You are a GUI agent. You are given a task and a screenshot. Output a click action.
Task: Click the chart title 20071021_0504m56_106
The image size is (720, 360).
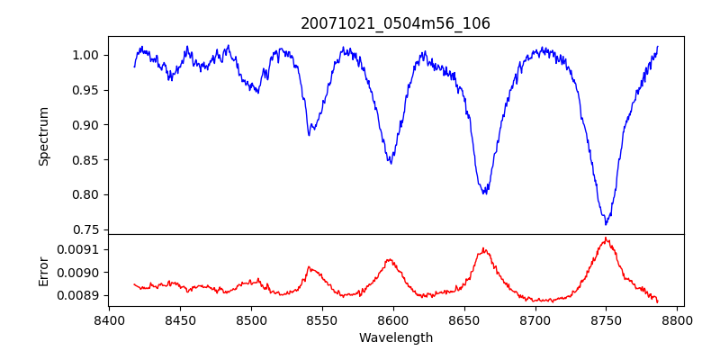[x=395, y=23]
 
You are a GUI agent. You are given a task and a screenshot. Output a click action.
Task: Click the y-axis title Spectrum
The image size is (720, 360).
[x=43, y=136]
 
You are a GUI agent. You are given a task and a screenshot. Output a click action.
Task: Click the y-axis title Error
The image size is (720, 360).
[x=43, y=271]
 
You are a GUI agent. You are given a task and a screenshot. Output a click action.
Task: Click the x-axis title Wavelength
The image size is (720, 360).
[x=395, y=338]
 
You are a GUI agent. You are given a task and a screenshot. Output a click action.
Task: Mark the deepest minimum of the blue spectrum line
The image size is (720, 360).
[x=607, y=224]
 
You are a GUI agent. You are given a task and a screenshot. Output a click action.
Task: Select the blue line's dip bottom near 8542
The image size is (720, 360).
[x=309, y=135]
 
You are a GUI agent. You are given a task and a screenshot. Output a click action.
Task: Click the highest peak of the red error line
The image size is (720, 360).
[x=606, y=238]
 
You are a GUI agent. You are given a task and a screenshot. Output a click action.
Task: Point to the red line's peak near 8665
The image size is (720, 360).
[x=483, y=248]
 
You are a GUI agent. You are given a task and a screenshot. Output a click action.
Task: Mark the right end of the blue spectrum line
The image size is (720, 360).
[x=658, y=46]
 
